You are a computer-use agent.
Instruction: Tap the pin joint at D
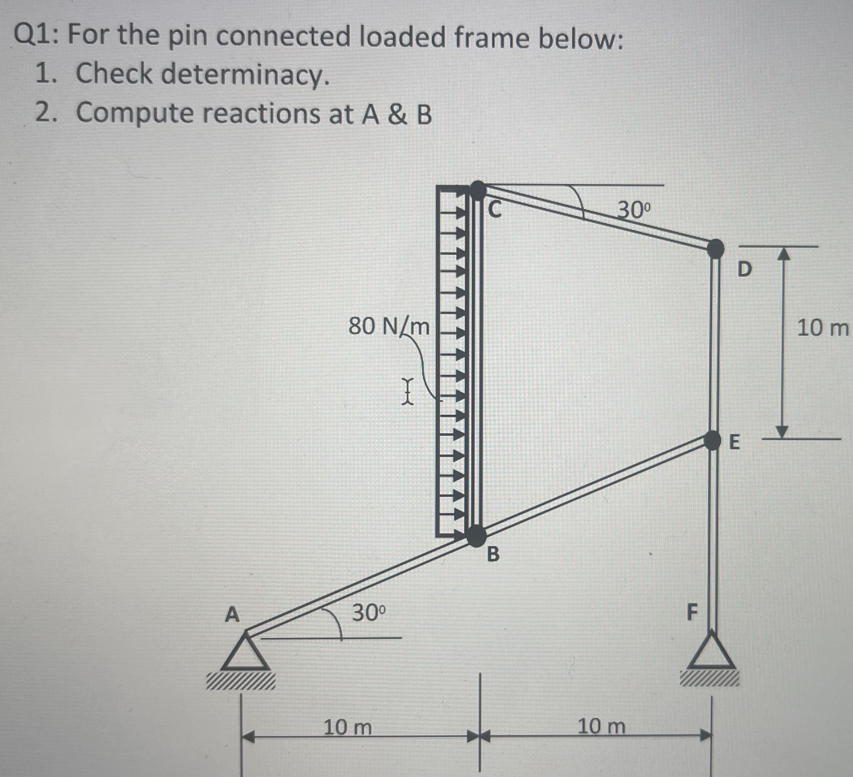point(715,248)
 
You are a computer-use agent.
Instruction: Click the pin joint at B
point(477,536)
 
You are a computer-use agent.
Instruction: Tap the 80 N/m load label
point(389,326)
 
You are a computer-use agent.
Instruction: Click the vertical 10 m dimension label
point(822,328)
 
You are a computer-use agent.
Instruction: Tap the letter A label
point(232,614)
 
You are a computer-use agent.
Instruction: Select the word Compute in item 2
point(133,113)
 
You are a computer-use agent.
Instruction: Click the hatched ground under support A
point(240,682)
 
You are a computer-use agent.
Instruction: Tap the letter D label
point(745,269)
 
